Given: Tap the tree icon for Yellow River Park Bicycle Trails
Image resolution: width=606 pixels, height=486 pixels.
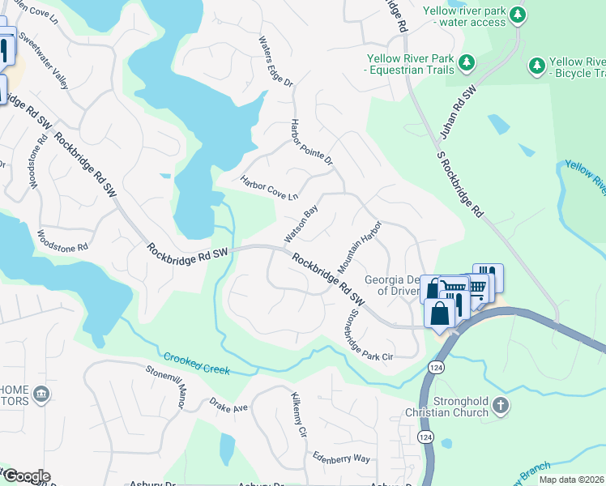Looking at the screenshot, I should coord(536,66).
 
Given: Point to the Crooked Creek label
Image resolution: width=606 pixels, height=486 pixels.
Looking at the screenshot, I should coord(197,364).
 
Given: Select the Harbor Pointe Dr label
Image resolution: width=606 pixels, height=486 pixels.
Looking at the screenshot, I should coord(312,142).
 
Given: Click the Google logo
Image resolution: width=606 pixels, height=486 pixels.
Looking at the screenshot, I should coord(26,476).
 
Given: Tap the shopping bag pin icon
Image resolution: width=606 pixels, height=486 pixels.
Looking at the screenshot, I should coord(439,313).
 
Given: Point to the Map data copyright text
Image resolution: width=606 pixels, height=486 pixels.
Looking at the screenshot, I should coord(571,480).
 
